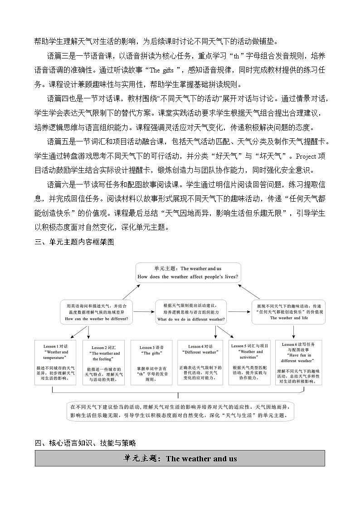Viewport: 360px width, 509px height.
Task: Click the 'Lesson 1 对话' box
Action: [57, 362]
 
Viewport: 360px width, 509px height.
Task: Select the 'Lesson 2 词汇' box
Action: [104, 362]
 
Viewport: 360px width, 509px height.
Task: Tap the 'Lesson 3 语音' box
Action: [152, 362]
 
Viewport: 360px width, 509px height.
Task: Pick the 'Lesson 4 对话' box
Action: [200, 362]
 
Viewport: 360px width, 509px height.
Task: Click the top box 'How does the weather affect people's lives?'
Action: [188, 272]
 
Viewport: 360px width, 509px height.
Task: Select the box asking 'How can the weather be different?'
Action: [97, 312]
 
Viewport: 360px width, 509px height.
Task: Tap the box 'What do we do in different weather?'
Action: [191, 312]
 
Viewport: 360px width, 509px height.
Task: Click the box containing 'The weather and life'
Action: [289, 312]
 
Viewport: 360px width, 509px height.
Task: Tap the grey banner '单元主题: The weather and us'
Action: [180, 458]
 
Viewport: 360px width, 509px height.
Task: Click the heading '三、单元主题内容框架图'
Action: [74, 242]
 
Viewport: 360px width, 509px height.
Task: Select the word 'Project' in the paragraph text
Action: [309, 156]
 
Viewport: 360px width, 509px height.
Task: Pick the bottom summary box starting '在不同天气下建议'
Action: [180, 411]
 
